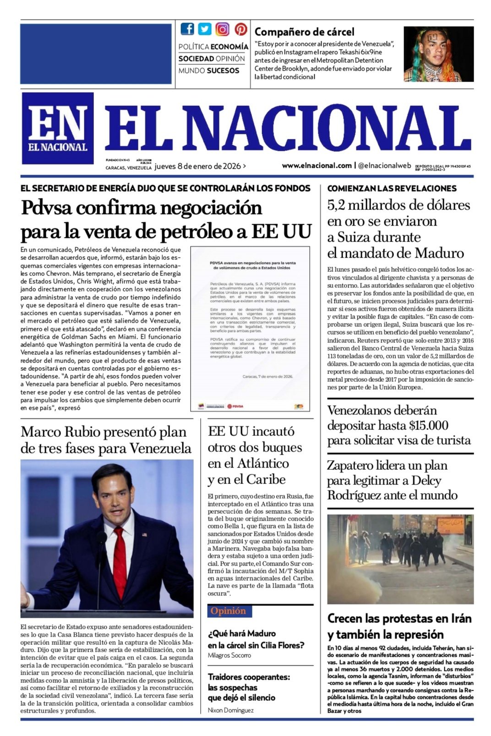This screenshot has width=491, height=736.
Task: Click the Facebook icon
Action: tap(187, 29)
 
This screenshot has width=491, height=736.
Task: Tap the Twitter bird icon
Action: tap(205, 29)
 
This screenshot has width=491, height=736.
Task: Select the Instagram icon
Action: tap(223, 29)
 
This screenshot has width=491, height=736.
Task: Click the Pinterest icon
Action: tap(241, 29)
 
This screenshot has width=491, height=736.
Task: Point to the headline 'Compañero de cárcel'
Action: tap(304, 32)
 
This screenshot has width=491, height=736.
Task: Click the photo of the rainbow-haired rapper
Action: tap(438, 54)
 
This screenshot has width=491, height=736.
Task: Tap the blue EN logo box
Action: tap(58, 128)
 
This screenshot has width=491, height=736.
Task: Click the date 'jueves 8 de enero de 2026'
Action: tap(197, 166)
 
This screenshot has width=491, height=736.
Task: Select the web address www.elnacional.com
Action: tap(316, 165)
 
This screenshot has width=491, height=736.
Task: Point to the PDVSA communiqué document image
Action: tap(250, 329)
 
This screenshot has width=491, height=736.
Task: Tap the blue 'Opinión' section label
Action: tap(228, 611)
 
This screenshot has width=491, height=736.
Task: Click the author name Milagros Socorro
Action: tap(229, 655)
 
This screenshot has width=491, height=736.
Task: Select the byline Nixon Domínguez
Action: tap(230, 710)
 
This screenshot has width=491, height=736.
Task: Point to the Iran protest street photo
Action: tap(400, 559)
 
